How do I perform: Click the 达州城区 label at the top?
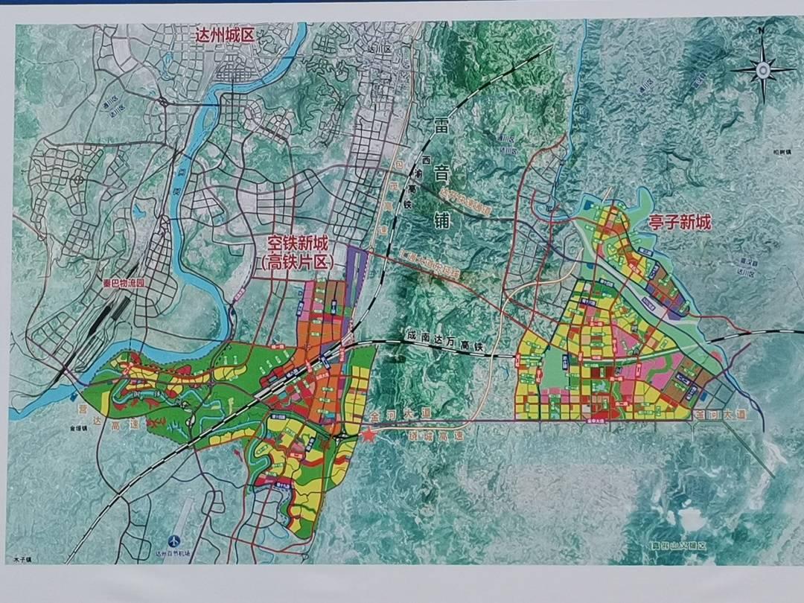point(224,35)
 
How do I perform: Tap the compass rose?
point(762,69)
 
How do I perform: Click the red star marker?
point(369,434)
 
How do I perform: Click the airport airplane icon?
point(173,540)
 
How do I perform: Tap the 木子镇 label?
point(25,559)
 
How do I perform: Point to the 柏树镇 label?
point(782,152)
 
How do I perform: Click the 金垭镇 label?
point(63,430)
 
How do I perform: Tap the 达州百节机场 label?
point(173,554)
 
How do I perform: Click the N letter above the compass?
point(761,32)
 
